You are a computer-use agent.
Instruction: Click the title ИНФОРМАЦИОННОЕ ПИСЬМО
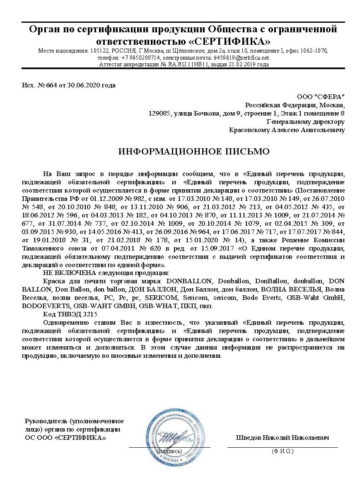tap(194, 152)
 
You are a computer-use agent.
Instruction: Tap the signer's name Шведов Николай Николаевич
tap(282, 438)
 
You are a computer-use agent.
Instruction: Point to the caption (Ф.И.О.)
tap(282, 451)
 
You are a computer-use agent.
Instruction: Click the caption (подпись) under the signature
tap(169, 451)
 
